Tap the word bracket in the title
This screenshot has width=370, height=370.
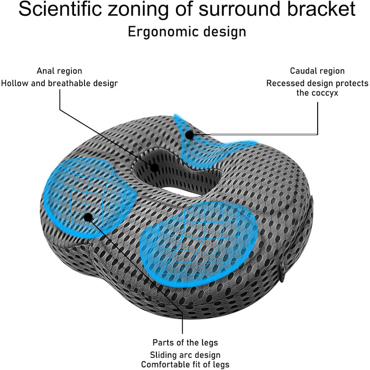click(321, 9)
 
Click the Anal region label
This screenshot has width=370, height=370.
click(59, 71)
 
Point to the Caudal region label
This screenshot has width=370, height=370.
click(317, 71)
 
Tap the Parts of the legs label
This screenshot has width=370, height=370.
click(185, 343)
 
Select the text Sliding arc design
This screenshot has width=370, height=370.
click(185, 355)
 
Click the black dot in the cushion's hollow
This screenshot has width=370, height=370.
click(154, 168)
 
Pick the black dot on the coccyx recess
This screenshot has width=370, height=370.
click(189, 135)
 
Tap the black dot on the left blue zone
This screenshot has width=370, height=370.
click(88, 217)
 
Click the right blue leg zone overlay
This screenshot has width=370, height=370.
click(198, 243)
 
